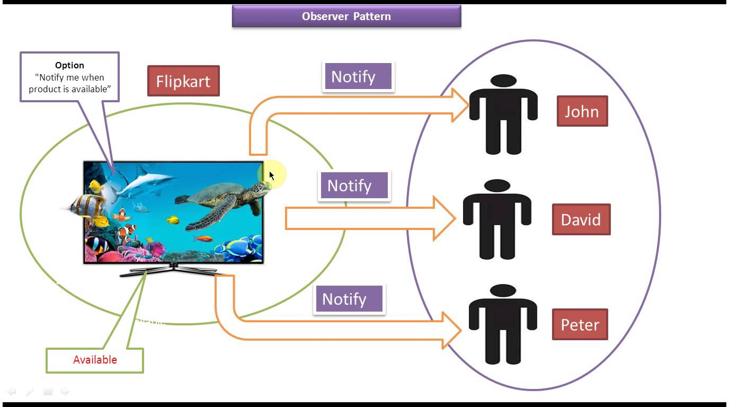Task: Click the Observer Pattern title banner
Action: (346, 16)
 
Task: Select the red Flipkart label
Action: (183, 81)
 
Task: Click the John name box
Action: (582, 111)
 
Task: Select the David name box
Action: (581, 219)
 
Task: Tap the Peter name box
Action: (580, 324)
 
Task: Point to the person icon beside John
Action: (503, 114)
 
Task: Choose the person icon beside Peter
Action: (503, 324)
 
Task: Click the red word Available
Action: (95, 360)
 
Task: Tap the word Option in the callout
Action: (69, 65)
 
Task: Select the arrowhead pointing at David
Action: (444, 218)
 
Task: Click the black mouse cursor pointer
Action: (271, 175)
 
